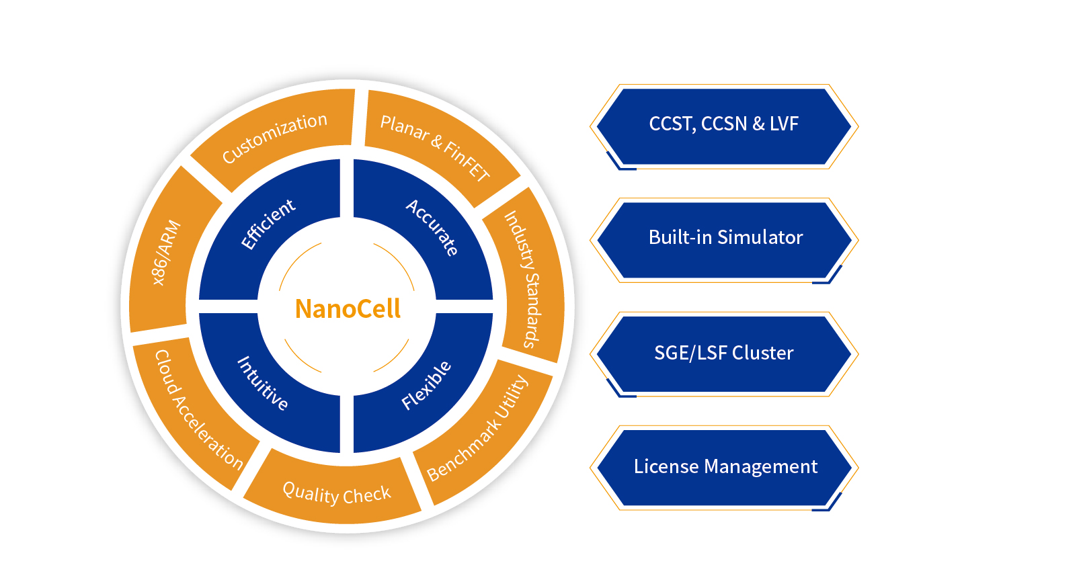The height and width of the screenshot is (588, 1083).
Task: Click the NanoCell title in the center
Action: pyautogui.click(x=348, y=309)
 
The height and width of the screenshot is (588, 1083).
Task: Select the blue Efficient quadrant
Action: pyautogui.click(x=268, y=225)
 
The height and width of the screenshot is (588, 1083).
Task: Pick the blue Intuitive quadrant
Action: pyautogui.click(x=262, y=384)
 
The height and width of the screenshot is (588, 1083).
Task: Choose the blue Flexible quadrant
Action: pyautogui.click(x=426, y=386)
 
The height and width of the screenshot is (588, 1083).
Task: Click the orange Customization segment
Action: pyautogui.click(x=274, y=138)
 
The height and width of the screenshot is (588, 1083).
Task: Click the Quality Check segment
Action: pyautogui.click(x=336, y=493)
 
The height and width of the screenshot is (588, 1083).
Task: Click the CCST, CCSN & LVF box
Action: pyautogui.click(x=723, y=124)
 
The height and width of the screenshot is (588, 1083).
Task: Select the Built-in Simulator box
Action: pyautogui.click(x=725, y=238)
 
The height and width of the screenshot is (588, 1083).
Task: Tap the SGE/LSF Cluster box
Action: pyautogui.click(x=723, y=353)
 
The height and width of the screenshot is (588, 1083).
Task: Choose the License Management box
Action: pyautogui.click(x=725, y=467)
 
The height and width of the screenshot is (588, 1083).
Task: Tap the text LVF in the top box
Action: pyautogui.click(x=784, y=124)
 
